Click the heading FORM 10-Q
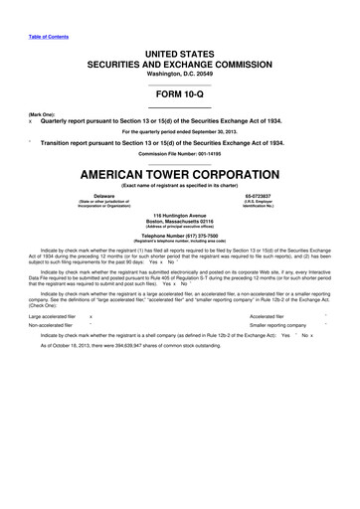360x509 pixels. pyautogui.click(x=180, y=100)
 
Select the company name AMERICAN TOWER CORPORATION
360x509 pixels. pyautogui.click(x=180, y=172)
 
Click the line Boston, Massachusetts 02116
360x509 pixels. pyautogui.click(x=180, y=222)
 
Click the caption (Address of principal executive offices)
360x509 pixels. pyautogui.click(x=180, y=228)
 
